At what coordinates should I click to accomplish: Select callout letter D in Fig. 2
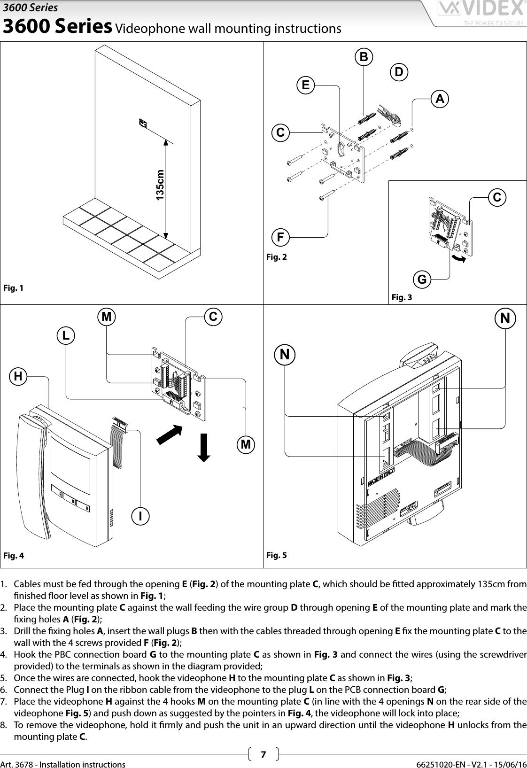click(399, 72)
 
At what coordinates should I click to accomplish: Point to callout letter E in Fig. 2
click(305, 85)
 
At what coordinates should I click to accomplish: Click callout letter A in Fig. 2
click(440, 99)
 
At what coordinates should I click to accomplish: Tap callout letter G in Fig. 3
click(422, 279)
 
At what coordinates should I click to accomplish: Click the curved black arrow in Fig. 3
click(458, 258)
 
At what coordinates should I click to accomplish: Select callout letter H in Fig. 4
click(18, 375)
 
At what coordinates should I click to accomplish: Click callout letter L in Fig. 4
click(66, 335)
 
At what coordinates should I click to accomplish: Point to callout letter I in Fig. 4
click(140, 515)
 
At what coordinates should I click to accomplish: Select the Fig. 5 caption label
click(276, 555)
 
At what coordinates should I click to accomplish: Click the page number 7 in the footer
click(263, 754)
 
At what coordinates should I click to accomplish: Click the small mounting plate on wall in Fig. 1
click(143, 123)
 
